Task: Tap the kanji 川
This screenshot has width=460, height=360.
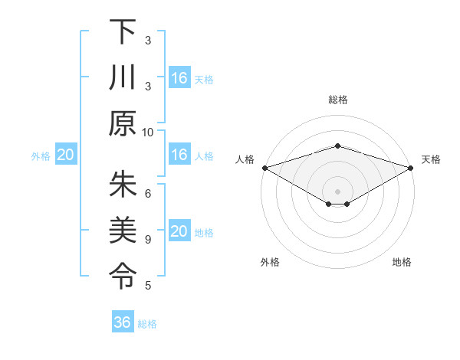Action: tap(123, 78)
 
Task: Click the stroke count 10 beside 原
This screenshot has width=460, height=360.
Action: tap(148, 133)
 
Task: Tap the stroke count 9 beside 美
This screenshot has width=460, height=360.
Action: tap(148, 240)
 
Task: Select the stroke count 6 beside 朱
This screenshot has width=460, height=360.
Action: tap(148, 194)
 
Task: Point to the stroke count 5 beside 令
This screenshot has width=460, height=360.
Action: tap(148, 286)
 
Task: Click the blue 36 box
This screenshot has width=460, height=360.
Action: tap(123, 322)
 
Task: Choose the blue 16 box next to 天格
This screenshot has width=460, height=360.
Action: tap(179, 78)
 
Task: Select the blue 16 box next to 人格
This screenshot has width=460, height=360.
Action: tap(179, 155)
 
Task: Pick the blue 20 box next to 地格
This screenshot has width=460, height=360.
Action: tap(179, 231)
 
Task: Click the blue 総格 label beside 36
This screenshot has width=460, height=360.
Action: tap(147, 324)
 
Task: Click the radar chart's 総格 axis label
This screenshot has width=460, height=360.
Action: tap(337, 100)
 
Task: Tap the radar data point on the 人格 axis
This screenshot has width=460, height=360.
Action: tap(264, 168)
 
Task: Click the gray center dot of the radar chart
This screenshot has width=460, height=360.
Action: tap(337, 191)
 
